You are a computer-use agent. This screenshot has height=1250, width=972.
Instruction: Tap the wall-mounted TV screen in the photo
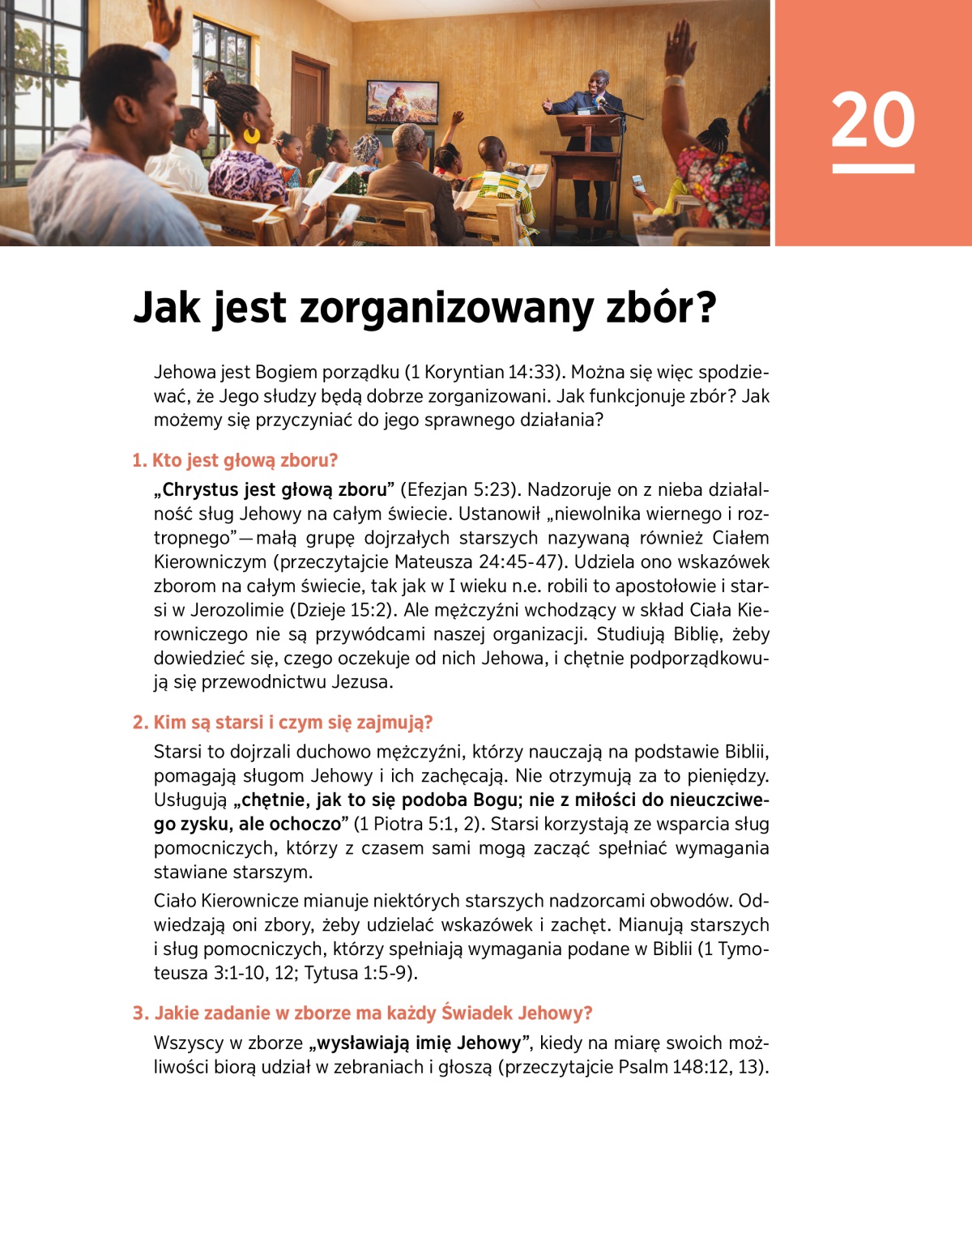(403, 101)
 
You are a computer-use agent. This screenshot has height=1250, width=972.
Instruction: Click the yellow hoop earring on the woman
(252, 134)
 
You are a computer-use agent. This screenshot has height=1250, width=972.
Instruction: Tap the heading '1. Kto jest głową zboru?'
(235, 460)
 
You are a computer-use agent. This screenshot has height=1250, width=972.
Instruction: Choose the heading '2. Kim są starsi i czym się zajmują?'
(283, 722)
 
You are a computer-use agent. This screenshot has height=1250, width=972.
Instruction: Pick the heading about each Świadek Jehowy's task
(362, 1013)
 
